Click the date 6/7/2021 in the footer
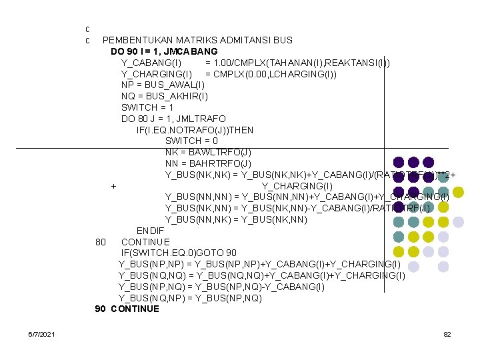coord(42,333)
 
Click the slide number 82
coord(447,333)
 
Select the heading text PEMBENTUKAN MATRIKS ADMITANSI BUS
coord(197,40)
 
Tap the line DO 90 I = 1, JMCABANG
coord(164,51)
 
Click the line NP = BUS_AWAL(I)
coord(163,85)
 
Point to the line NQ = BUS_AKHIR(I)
coord(165,96)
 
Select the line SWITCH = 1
coord(147,107)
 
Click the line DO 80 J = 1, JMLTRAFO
coord(173,119)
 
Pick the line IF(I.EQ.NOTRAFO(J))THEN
coord(195,130)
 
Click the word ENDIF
coord(150,231)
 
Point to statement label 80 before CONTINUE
coord(101,242)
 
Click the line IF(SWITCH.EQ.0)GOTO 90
coord(177,253)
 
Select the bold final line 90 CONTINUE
coord(127,309)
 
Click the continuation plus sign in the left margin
coord(114,186)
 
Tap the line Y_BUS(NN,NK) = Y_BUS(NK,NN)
coord(236,219)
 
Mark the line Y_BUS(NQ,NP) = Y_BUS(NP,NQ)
coord(190,298)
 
